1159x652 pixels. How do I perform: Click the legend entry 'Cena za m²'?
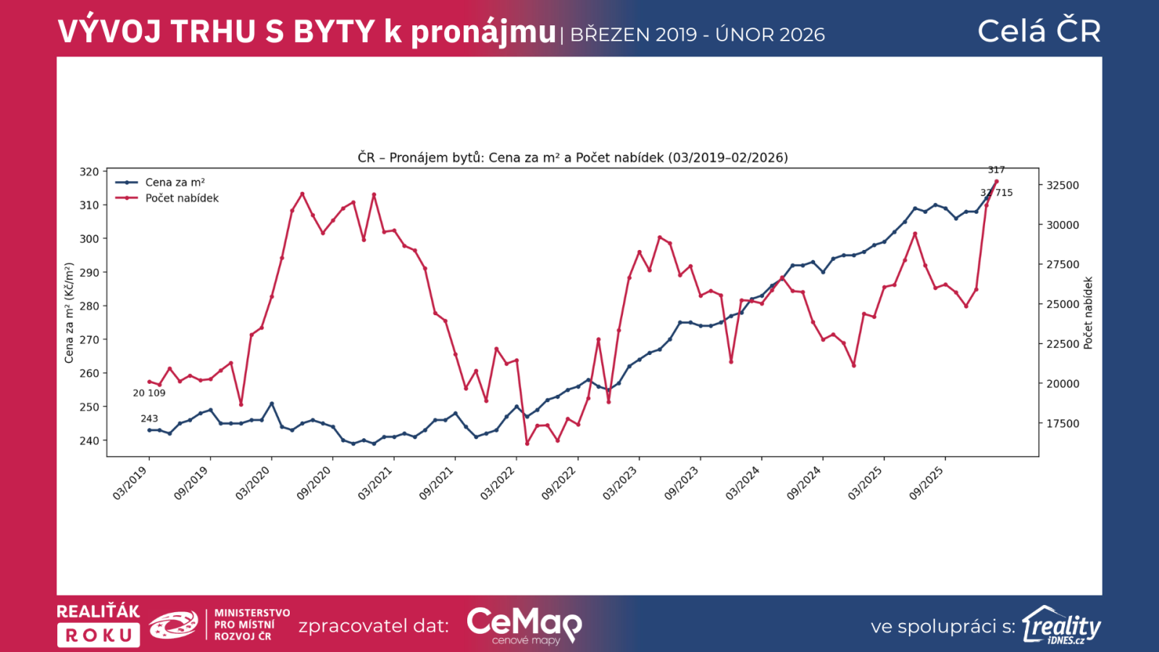(x=175, y=183)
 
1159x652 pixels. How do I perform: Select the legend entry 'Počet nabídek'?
(x=181, y=198)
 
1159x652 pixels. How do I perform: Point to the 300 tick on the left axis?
(x=89, y=239)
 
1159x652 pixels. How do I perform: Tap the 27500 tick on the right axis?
(x=1062, y=264)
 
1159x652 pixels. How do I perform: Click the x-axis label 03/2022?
(x=498, y=483)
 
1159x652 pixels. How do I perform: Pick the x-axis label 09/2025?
(x=926, y=483)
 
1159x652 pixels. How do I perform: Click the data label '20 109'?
(x=148, y=393)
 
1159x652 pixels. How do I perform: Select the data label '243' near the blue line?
(x=149, y=418)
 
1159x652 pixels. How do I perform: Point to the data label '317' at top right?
(x=996, y=170)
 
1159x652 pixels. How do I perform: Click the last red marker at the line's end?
(x=997, y=181)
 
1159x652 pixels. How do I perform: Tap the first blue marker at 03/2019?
(x=149, y=430)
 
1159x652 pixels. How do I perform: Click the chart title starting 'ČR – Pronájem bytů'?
(x=572, y=157)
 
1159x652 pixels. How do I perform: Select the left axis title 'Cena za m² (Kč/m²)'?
(x=70, y=313)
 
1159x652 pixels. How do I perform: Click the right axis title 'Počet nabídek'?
(x=1087, y=313)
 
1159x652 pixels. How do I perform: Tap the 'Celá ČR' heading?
(x=1039, y=31)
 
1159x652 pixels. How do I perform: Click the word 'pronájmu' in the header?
(x=483, y=33)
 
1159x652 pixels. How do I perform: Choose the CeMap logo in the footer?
(x=524, y=624)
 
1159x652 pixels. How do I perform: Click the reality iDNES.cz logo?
(x=1061, y=625)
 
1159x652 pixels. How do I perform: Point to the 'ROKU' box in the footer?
(x=99, y=635)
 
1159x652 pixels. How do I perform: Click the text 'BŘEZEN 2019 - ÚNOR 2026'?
(x=698, y=35)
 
